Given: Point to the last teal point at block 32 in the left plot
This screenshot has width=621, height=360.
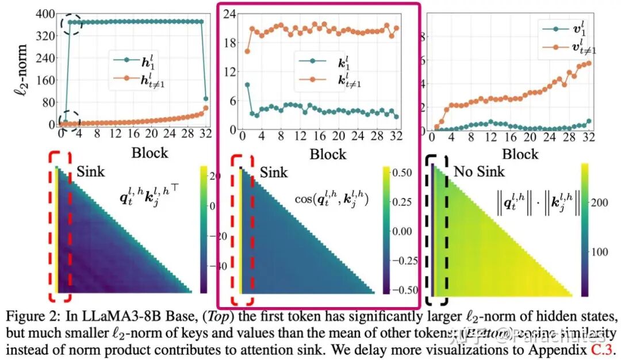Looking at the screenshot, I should point(205,98).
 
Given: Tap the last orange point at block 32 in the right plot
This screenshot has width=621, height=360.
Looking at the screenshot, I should point(588,63).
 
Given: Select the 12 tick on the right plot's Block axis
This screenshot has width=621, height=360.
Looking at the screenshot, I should point(490,139).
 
